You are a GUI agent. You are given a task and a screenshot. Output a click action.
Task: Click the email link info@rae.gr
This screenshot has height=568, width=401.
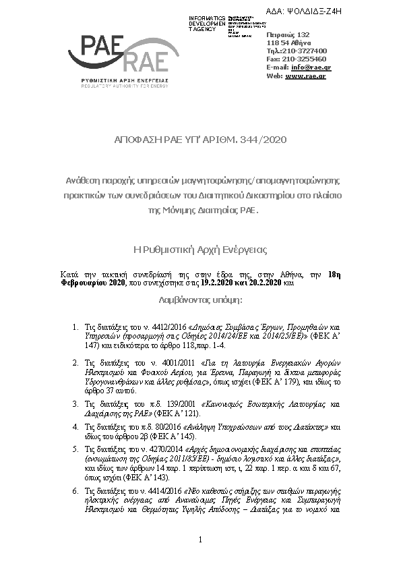pos(312,67)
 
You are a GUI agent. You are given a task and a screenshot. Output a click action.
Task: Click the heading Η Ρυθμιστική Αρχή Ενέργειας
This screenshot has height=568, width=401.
pos(201,250)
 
